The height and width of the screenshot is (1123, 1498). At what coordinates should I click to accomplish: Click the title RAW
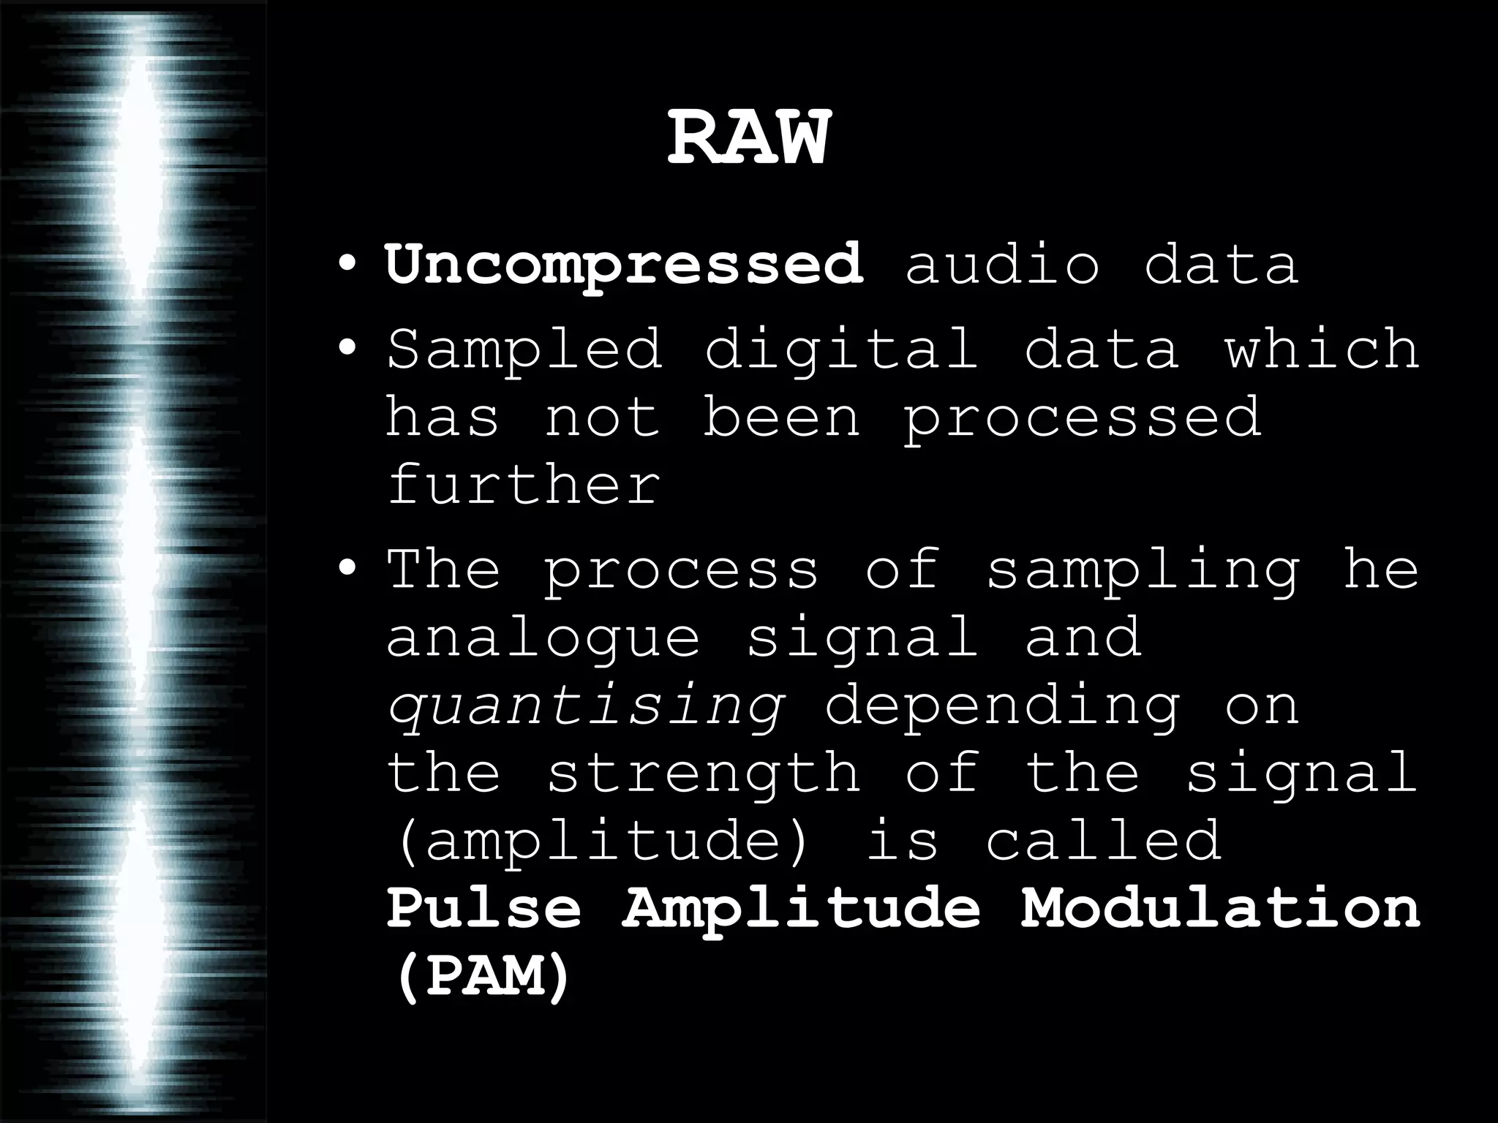coord(749,139)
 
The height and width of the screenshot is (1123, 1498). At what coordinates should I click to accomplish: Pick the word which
coord(1322,349)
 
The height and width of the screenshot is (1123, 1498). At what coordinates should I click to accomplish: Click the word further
coord(524,485)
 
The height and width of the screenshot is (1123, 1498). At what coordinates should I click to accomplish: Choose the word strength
coord(703,773)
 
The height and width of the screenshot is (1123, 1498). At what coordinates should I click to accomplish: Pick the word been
coord(781,417)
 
